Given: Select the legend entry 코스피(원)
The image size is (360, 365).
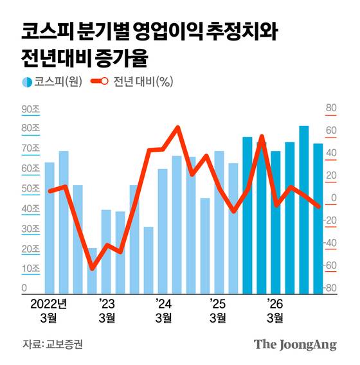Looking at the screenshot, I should (51, 82).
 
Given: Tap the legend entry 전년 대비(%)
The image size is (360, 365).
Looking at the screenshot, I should (133, 82).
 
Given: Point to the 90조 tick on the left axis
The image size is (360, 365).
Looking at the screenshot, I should (31, 110).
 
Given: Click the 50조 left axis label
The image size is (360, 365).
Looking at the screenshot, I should (31, 189).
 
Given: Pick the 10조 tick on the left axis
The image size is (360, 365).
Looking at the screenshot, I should (31, 268).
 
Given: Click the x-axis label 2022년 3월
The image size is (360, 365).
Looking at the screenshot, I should (49, 310).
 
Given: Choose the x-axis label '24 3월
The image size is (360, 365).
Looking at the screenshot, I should (163, 310).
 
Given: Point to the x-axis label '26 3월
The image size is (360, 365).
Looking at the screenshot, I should (274, 310).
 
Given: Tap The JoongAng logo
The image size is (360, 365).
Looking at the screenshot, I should (295, 344).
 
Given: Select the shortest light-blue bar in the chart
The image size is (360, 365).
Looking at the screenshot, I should (92, 271).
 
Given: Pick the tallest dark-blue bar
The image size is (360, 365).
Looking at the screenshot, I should (304, 209).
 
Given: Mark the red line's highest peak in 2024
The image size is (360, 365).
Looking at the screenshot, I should (177, 127).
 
